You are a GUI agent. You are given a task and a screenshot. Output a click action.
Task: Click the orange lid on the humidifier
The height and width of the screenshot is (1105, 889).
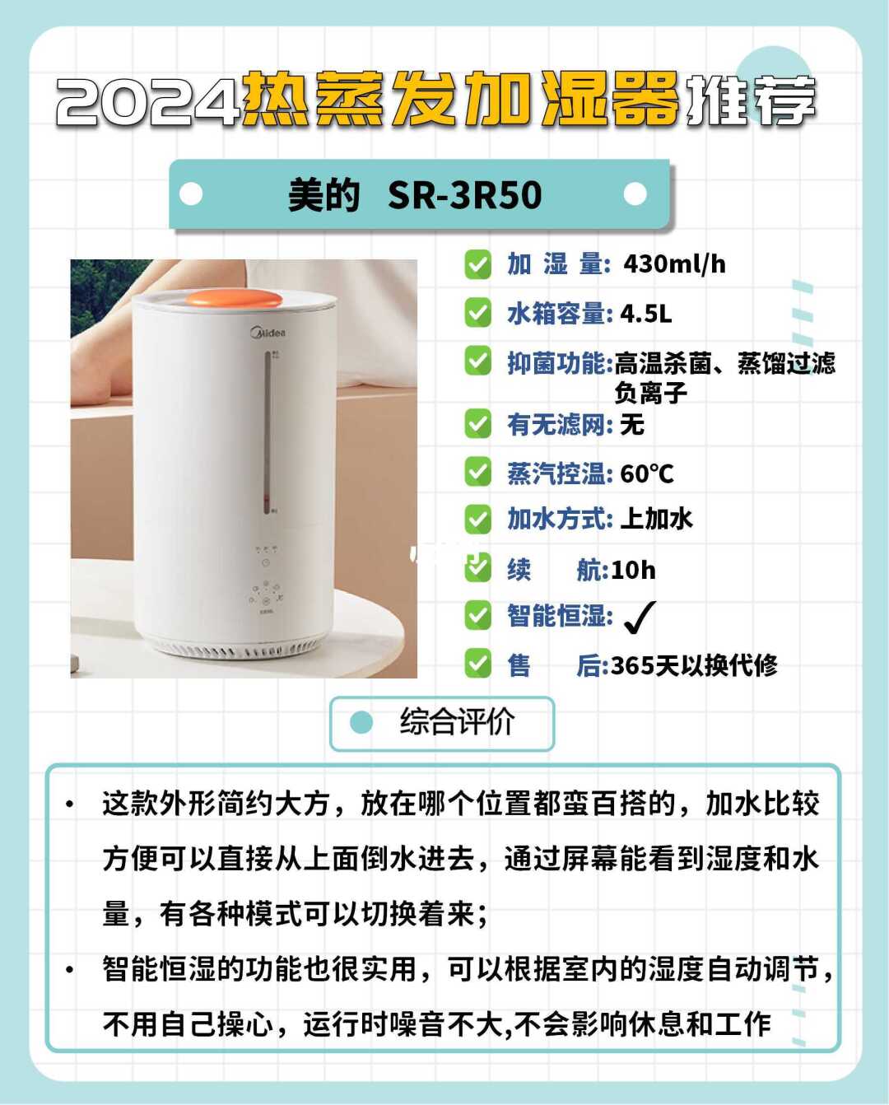coord(234,299)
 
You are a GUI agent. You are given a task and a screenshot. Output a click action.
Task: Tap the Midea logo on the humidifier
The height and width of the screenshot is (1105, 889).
coord(268,332)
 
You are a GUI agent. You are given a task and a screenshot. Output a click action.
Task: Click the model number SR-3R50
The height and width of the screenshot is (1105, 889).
coord(464,195)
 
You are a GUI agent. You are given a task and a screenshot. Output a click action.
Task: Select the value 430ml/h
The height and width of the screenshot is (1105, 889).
coord(674,264)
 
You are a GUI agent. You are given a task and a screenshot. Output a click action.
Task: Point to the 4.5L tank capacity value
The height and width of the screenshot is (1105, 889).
coord(646,313)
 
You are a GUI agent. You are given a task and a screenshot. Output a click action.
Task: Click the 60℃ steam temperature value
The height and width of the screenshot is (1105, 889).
coord(647,473)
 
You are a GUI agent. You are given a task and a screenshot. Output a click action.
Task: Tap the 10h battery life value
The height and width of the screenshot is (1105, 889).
coord(633,570)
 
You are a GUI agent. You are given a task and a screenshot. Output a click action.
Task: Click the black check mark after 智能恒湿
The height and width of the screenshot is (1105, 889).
coord(640,618)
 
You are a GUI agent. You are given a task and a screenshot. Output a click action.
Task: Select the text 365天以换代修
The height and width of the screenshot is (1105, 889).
coord(694,666)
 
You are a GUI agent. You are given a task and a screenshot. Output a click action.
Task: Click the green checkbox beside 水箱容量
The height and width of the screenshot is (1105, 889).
coord(478,313)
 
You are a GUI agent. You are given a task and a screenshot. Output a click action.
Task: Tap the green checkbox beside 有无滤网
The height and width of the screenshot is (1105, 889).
coord(478,424)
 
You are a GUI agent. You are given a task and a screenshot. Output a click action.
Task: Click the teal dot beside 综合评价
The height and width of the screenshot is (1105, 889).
coord(361,722)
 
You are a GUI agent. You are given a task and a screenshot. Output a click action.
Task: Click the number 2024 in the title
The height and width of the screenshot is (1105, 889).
coord(148,100)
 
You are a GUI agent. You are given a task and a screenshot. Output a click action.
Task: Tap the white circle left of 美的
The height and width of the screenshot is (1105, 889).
coord(191,194)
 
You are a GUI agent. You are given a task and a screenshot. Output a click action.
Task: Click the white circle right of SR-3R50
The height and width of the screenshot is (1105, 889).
coord(635,194)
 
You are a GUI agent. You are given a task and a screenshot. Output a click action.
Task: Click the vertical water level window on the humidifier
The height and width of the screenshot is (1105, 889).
coord(268,432)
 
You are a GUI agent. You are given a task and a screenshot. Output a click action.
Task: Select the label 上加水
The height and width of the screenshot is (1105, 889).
coord(657,519)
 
